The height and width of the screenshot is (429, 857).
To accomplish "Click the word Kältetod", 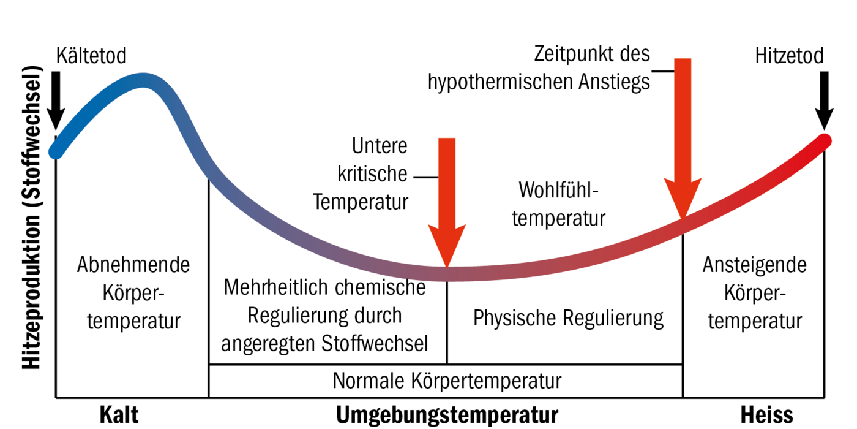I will pos(91,56).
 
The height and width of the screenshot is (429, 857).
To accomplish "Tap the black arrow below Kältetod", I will pos(56,98).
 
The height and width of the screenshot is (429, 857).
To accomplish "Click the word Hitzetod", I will pos(789,56).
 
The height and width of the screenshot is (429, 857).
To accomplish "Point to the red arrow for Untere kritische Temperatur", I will pos(447,202).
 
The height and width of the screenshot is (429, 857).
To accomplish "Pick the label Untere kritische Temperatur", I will pos(361,174).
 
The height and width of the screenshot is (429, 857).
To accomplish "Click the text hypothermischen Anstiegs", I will pos(539,82).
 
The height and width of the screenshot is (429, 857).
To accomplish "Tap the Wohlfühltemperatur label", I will pos(558,203).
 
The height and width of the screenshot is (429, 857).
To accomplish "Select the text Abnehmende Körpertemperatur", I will pos(133,293).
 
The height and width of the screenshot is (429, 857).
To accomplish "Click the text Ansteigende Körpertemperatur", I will pos(754,293).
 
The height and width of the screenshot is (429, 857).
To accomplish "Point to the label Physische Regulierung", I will pos(568,319).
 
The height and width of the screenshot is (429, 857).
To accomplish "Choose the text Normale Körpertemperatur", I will pos(447,381).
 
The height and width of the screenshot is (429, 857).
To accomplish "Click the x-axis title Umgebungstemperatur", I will pos(447,415).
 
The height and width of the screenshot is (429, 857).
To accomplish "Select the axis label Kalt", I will pos(119,415).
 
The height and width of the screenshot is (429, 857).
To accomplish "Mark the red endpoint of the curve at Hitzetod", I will pos(824,141).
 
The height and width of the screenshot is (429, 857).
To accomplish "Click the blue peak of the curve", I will pos(144,81).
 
